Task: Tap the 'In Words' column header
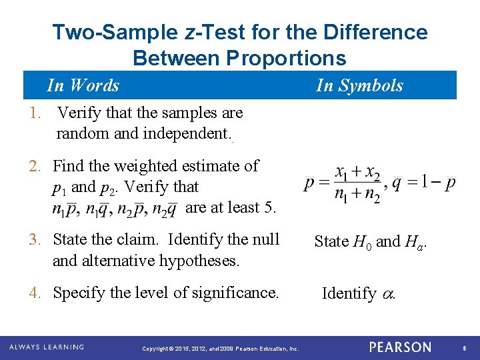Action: coord(83,85)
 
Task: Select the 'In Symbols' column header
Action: coord(359,85)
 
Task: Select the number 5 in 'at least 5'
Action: coord(269,207)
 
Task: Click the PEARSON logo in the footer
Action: coord(400,347)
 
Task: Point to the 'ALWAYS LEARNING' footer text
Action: coord(47,347)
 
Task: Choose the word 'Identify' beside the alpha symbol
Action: coord(349,293)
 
